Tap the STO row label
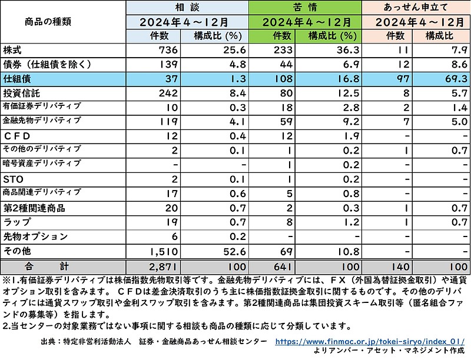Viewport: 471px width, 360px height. (x=12, y=178)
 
